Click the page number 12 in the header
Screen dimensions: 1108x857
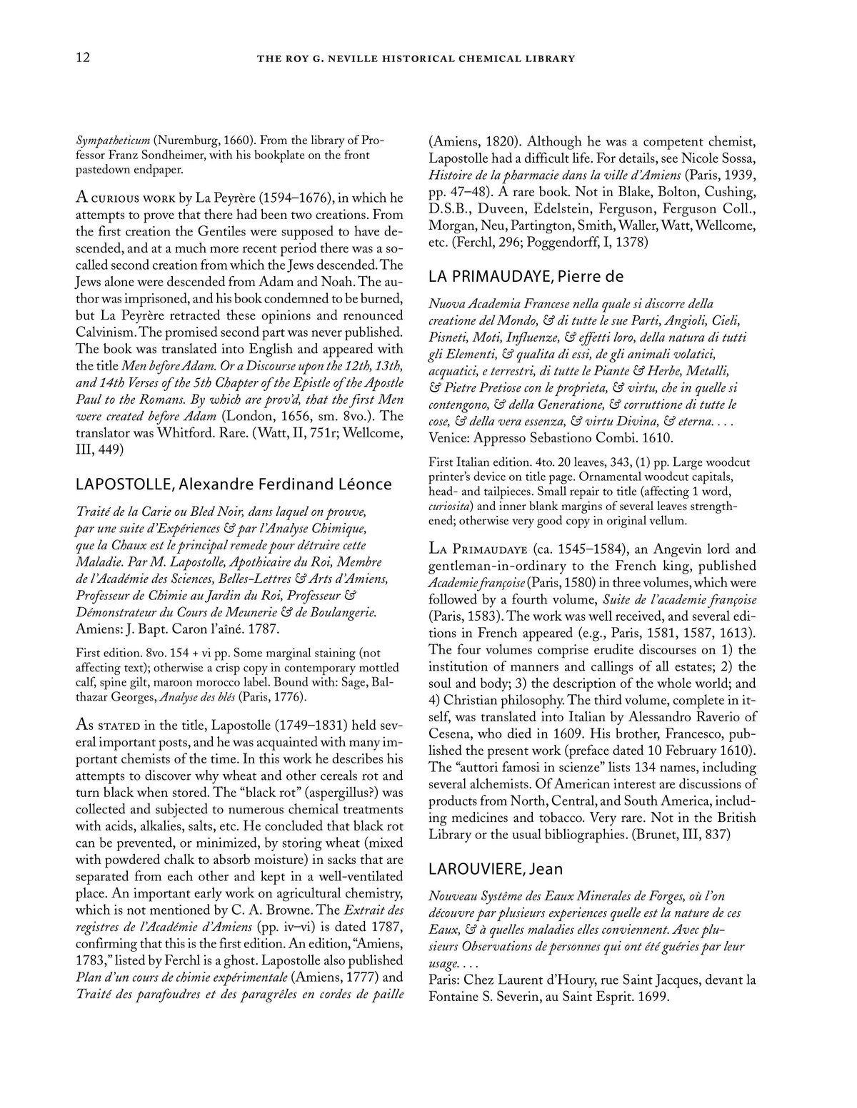82,59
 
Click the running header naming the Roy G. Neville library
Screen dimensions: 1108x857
416,59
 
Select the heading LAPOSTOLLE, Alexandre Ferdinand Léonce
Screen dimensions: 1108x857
234,484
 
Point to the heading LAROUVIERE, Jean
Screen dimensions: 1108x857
496,868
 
